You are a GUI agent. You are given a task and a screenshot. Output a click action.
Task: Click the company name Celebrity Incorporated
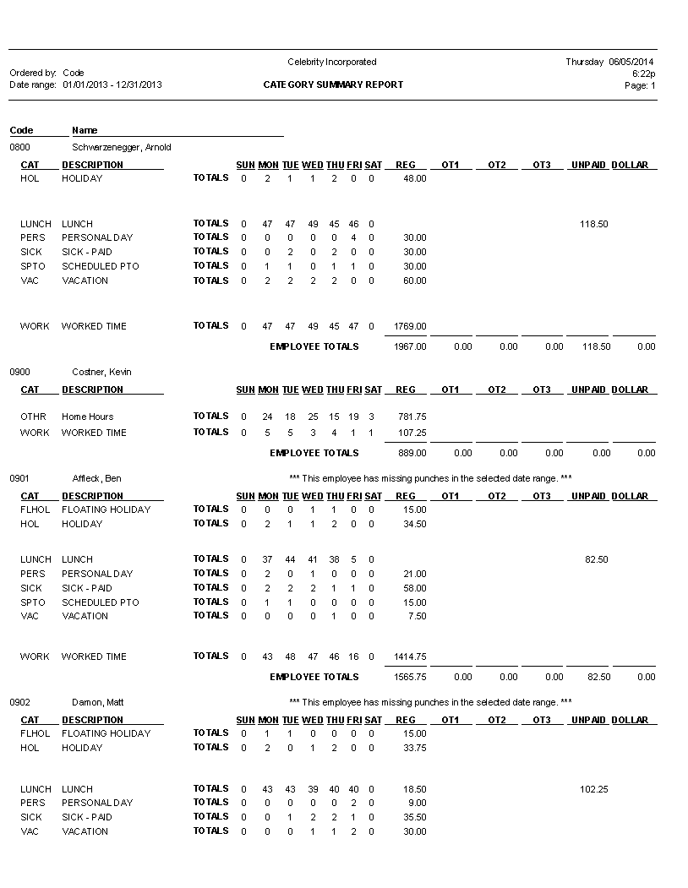331,62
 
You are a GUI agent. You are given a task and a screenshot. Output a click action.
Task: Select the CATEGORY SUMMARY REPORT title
333,84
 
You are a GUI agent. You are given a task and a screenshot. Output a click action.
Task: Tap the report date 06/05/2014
631,62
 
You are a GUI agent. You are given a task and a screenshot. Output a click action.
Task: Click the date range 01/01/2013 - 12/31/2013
112,84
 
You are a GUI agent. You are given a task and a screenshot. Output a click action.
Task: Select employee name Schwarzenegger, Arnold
122,147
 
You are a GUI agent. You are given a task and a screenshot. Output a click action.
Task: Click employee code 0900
19,372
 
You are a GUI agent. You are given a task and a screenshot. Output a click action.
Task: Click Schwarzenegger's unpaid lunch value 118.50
594,224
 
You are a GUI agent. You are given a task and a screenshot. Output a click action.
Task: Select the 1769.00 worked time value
411,326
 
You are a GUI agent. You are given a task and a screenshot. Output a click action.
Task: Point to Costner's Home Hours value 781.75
412,417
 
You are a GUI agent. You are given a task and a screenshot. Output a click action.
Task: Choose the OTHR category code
33,417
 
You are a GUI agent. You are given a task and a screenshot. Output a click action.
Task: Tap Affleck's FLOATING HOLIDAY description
106,509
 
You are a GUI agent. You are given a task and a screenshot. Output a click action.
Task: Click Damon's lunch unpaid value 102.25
594,789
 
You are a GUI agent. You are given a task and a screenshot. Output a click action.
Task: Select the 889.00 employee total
412,453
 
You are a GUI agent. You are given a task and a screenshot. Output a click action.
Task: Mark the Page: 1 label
640,85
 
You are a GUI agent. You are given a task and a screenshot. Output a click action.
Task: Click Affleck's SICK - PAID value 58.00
415,588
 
